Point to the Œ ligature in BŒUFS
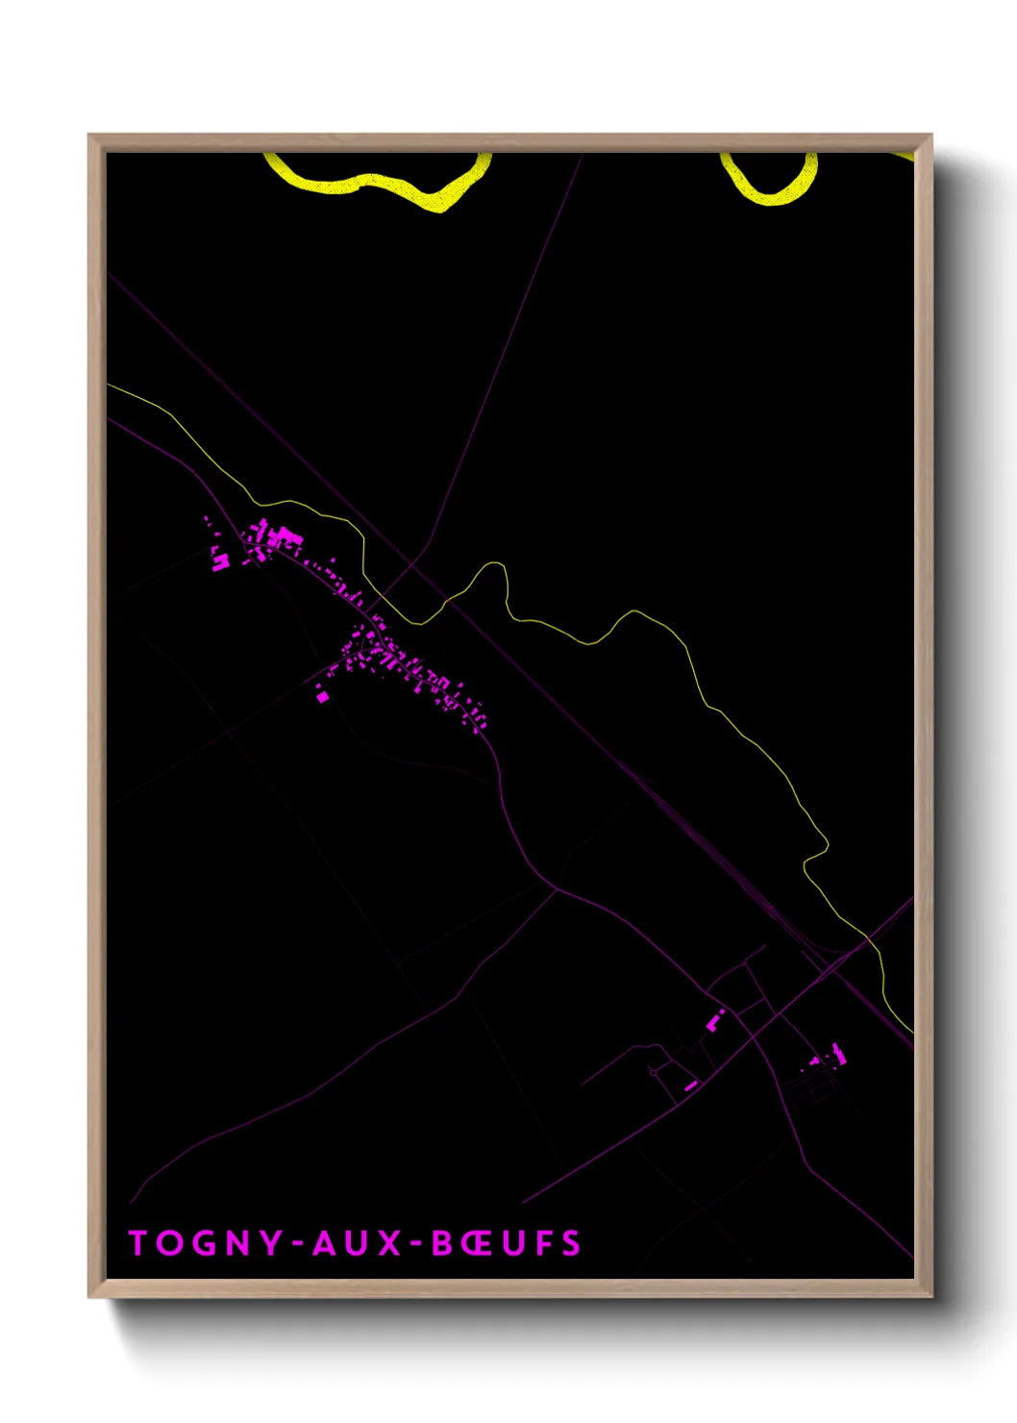pyautogui.click(x=478, y=1243)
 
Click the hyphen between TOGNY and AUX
pyautogui.click(x=298, y=1245)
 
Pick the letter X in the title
pyautogui.click(x=389, y=1243)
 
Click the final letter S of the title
pyautogui.click(x=572, y=1243)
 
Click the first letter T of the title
pyautogui.click(x=138, y=1243)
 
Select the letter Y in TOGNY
pyautogui.click(x=272, y=1243)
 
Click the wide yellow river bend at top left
pyautogui.click(x=384, y=183)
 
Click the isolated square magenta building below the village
pyautogui.click(x=323, y=697)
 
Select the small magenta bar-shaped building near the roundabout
pyautogui.click(x=690, y=1086)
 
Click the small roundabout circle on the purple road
pyautogui.click(x=654, y=1072)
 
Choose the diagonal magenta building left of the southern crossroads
pyautogui.click(x=715, y=1021)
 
